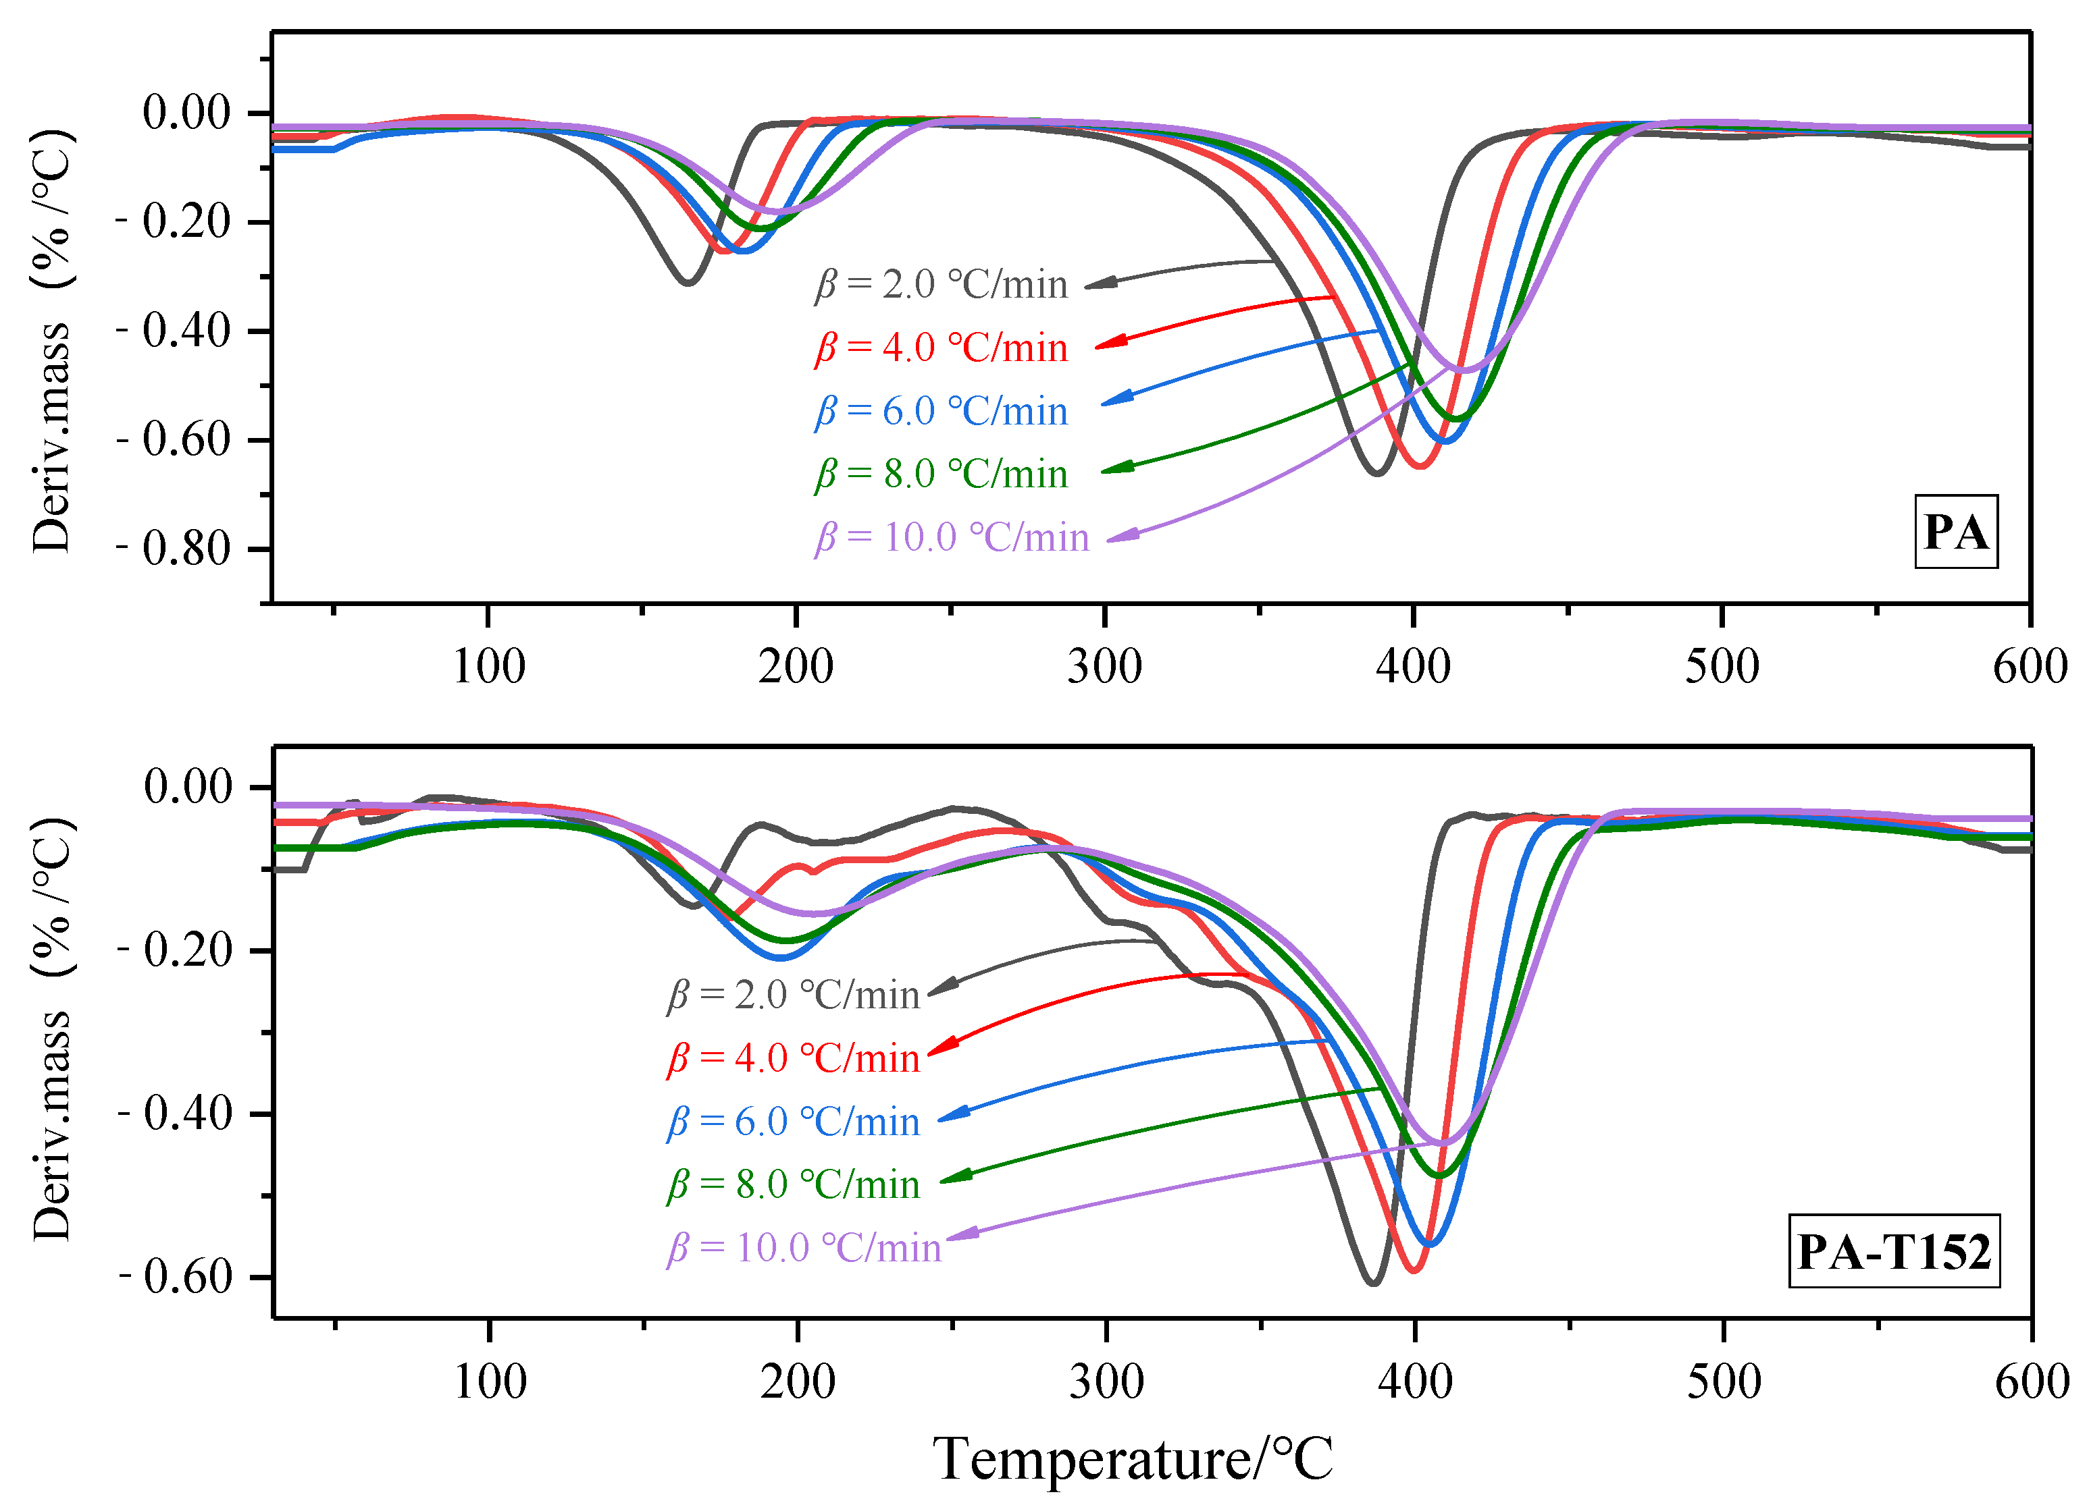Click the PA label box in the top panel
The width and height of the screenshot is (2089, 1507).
1955,532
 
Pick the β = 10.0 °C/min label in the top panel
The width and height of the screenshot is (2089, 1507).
952,537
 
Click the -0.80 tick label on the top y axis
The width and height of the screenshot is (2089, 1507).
174,549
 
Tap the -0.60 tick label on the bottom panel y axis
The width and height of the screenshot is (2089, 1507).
176,1276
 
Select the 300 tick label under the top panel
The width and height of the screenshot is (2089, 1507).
1104,665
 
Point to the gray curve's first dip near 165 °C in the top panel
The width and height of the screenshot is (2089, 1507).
687,281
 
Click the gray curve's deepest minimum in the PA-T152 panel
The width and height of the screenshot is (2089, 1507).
1372,1282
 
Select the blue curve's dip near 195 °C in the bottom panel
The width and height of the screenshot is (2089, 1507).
781,958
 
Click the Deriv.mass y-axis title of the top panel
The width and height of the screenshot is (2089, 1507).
51,341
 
